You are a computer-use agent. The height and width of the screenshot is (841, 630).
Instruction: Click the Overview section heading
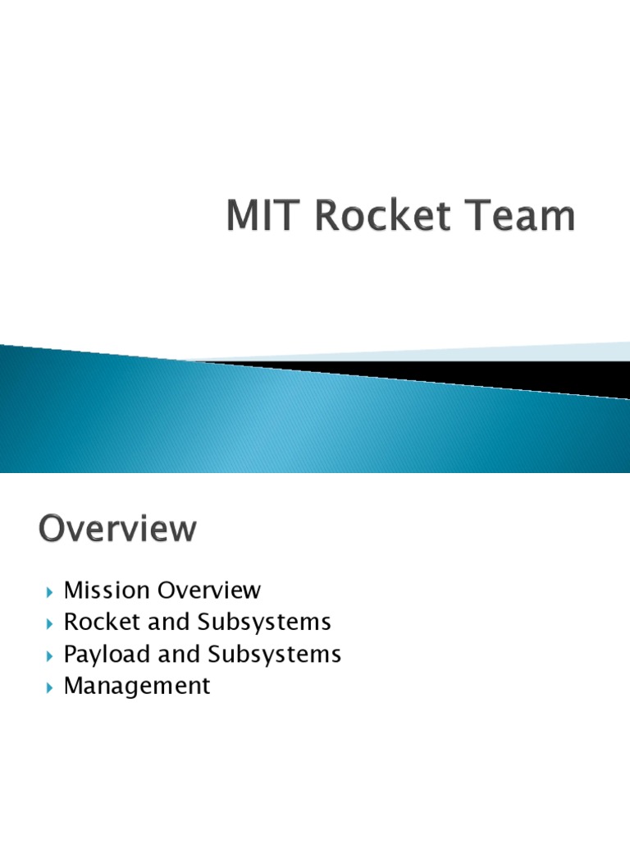tap(117, 529)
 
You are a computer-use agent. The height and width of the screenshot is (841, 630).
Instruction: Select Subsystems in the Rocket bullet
tap(264, 623)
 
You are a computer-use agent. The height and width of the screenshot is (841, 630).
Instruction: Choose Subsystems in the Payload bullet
tap(274, 655)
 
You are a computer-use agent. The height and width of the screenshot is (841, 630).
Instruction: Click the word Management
tap(137, 686)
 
